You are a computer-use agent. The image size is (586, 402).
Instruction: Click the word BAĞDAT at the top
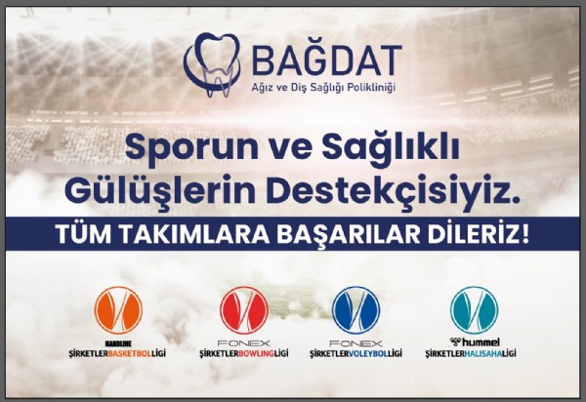(x=313, y=60)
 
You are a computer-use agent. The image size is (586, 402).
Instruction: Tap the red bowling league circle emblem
(x=242, y=311)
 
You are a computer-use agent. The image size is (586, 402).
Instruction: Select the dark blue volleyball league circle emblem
(x=356, y=311)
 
